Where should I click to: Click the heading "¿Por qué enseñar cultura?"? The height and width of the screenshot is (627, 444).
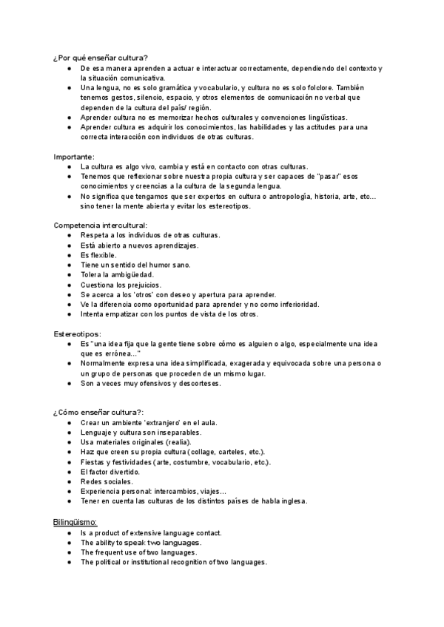point(101,58)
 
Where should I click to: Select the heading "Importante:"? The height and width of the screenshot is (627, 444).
point(74,157)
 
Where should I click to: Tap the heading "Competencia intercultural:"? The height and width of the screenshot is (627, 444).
point(101,225)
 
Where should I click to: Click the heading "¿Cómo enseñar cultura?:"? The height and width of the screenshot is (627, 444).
point(98,412)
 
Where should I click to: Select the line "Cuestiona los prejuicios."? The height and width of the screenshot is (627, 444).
point(121,285)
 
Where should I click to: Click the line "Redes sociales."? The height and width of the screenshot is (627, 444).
point(107,481)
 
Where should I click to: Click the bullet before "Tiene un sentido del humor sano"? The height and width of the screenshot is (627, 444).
point(68,265)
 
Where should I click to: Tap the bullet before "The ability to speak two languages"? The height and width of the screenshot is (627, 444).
point(68,542)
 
